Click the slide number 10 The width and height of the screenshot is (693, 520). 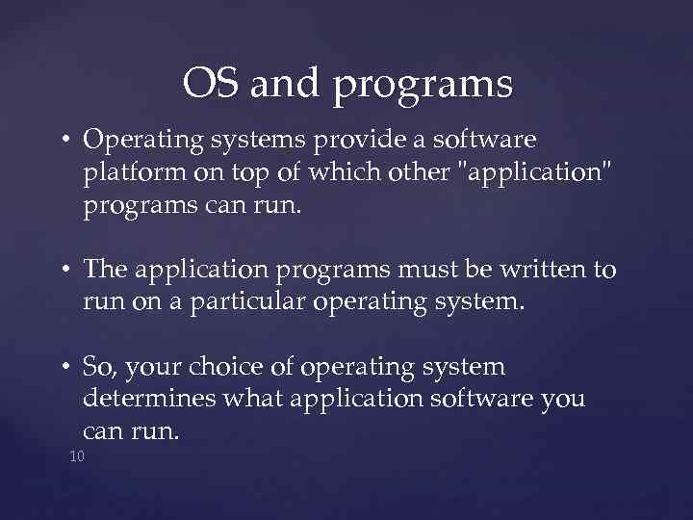coord(77,455)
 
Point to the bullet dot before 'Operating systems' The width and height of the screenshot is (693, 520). coord(68,141)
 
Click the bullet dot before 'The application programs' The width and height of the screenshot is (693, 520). coord(68,272)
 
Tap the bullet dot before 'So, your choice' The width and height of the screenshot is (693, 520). coord(68,369)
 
